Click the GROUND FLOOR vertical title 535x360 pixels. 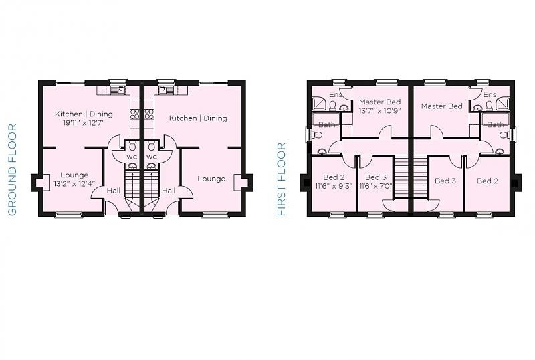(x=12, y=170)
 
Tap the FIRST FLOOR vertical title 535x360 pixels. (x=282, y=179)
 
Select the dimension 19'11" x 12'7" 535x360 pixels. (x=84, y=123)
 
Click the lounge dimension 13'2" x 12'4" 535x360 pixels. (x=74, y=184)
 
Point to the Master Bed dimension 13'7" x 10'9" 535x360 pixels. (x=379, y=111)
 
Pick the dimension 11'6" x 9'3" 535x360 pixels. (x=334, y=187)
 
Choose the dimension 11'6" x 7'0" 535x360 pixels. (x=375, y=187)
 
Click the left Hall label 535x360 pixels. (x=114, y=191)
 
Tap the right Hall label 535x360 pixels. (x=169, y=191)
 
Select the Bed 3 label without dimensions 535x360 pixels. (x=445, y=181)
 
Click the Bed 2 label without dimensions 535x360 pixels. (x=488, y=181)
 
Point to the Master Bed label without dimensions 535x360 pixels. (x=441, y=106)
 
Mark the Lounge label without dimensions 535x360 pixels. (x=211, y=179)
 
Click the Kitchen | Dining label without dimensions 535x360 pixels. (x=198, y=118)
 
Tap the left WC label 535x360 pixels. (x=132, y=157)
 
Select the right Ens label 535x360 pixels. (x=490, y=95)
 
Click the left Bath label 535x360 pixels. (x=326, y=124)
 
